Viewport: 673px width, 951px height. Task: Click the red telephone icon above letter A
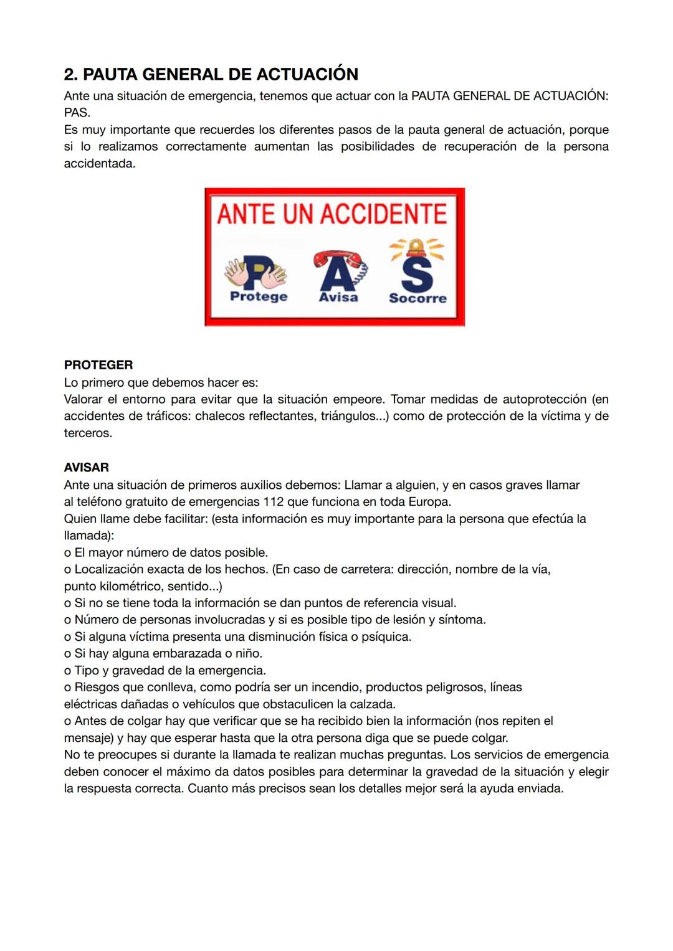(337, 258)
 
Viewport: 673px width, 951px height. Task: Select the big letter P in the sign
(256, 272)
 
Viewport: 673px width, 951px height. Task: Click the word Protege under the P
(259, 296)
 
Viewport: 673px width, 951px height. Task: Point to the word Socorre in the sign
(418, 298)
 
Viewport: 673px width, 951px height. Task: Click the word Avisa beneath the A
(338, 297)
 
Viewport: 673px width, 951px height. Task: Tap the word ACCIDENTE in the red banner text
(384, 214)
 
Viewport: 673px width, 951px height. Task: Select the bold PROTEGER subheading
(98, 365)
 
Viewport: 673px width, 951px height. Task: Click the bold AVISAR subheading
(87, 467)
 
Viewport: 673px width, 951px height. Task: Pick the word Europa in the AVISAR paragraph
(429, 502)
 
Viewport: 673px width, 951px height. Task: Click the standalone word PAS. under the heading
(77, 113)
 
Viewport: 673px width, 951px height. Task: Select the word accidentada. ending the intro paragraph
(100, 164)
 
